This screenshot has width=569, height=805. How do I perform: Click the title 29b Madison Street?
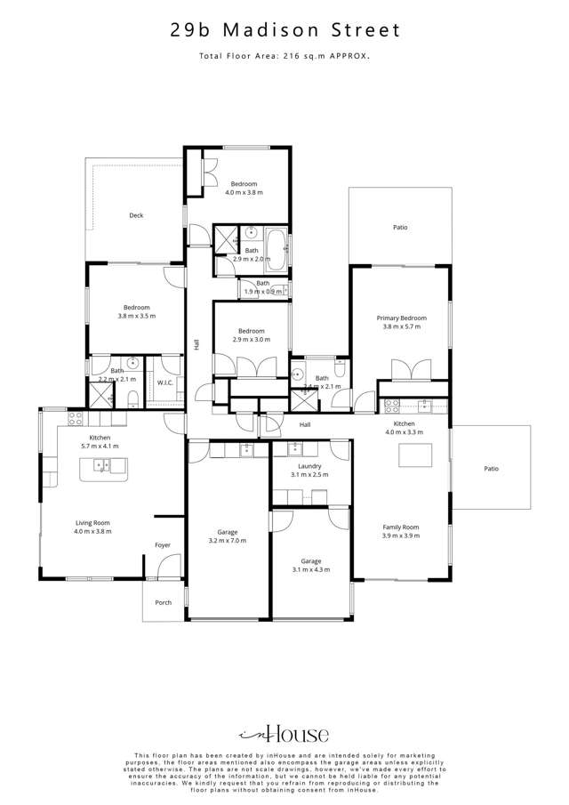tap(284, 30)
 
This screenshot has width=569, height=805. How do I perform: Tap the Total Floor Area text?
tap(284, 56)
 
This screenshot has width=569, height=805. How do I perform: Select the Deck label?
tap(136, 215)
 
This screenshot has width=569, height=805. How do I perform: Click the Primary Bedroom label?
tap(401, 318)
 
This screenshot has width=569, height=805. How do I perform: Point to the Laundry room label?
tap(309, 466)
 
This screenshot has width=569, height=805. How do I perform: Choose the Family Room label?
tap(400, 527)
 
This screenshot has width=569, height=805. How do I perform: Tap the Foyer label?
tap(163, 545)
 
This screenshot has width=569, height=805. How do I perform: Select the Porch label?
tap(164, 602)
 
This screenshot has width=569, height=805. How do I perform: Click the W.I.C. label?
tap(165, 382)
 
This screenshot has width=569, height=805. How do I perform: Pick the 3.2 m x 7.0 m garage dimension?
tap(228, 541)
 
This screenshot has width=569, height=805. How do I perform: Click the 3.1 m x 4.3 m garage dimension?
tap(310, 569)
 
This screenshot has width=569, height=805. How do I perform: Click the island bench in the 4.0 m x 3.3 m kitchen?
tap(415, 455)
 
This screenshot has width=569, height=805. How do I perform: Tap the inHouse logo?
tap(284, 734)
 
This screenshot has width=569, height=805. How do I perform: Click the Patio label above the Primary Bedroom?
tap(400, 228)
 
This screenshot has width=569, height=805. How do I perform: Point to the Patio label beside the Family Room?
tap(491, 468)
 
